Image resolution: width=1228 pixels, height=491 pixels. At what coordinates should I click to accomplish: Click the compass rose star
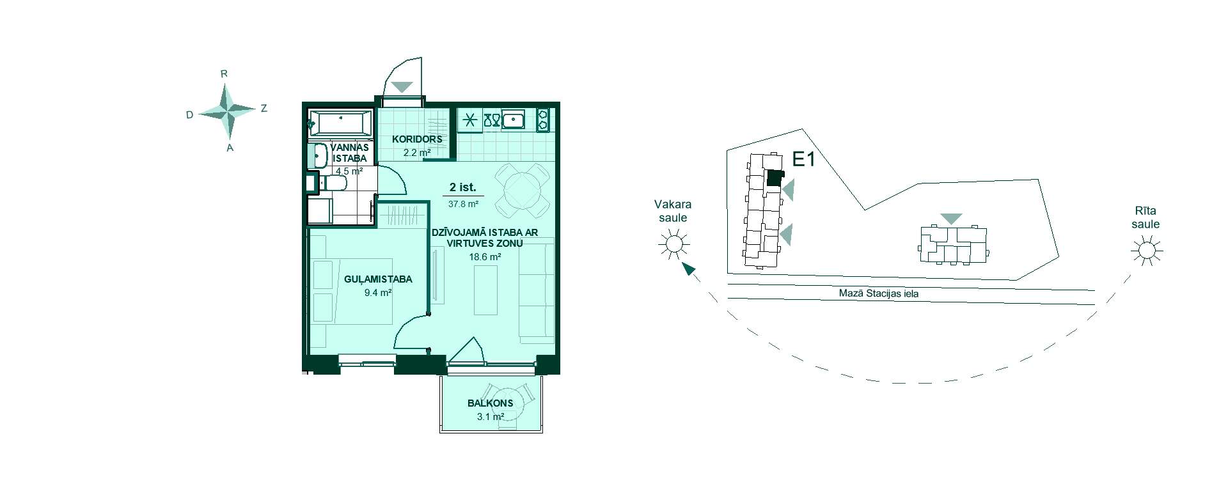pyautogui.click(x=228, y=113)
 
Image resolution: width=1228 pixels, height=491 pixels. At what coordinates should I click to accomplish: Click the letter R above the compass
pyautogui.click(x=224, y=74)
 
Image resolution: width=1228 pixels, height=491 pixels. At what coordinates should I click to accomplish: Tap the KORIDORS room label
pyautogui.click(x=417, y=139)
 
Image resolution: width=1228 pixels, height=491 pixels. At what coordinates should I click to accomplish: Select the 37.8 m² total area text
pyautogui.click(x=464, y=204)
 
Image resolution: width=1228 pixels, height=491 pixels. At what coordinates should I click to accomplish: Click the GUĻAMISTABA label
pyautogui.click(x=378, y=279)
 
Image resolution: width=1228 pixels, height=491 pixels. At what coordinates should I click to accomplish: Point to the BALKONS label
pyautogui.click(x=491, y=403)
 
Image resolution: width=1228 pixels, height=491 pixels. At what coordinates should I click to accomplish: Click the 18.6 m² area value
pyautogui.click(x=485, y=257)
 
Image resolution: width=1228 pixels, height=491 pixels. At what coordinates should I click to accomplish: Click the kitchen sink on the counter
pyautogui.click(x=514, y=120)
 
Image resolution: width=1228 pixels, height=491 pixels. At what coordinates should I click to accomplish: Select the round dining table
pyautogui.click(x=523, y=190)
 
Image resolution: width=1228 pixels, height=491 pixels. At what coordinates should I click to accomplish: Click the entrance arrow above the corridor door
pyautogui.click(x=402, y=87)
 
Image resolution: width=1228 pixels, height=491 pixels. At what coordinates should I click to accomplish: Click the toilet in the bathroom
pyautogui.click(x=333, y=184)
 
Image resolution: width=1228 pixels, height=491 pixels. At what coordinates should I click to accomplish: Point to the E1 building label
pyautogui.click(x=803, y=160)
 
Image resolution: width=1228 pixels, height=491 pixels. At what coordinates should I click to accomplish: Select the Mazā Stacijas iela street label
pyautogui.click(x=879, y=294)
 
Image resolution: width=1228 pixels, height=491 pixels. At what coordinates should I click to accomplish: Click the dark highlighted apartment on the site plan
pyautogui.click(x=775, y=178)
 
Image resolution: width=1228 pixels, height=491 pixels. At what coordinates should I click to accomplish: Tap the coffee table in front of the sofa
pyautogui.click(x=485, y=290)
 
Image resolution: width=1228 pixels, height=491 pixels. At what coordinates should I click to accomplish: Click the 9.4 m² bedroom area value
pyautogui.click(x=377, y=293)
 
